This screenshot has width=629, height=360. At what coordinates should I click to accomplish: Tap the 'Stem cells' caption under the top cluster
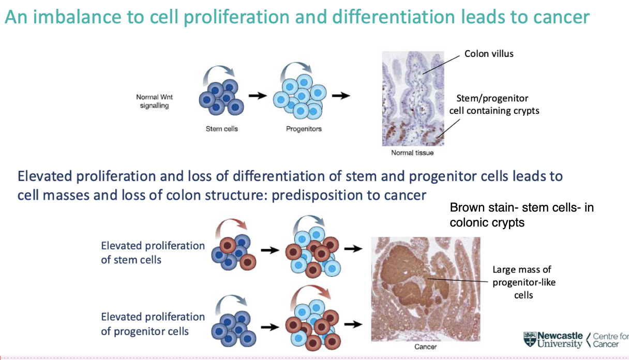pyautogui.click(x=222, y=129)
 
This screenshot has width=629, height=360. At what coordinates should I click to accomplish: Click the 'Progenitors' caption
pyautogui.click(x=304, y=129)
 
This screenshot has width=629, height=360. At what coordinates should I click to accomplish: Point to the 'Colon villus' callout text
pyautogui.click(x=489, y=54)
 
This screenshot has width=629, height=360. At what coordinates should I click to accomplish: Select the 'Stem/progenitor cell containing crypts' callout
pyautogui.click(x=497, y=104)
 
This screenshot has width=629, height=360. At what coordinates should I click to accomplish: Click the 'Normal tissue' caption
pyautogui.click(x=412, y=153)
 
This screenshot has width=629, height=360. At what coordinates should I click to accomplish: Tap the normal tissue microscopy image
pyautogui.click(x=413, y=98)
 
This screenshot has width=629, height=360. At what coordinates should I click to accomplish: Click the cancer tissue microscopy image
pyautogui.click(x=426, y=289)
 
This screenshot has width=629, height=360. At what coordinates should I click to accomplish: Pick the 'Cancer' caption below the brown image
pyautogui.click(x=425, y=347)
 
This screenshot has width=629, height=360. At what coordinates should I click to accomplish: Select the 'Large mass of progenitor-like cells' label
pyautogui.click(x=522, y=282)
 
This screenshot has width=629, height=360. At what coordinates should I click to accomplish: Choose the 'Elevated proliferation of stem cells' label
pyautogui.click(x=153, y=252)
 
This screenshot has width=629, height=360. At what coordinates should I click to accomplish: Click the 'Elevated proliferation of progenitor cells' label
pyautogui.click(x=153, y=324)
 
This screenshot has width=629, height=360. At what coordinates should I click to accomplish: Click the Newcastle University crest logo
pyautogui.click(x=530, y=339)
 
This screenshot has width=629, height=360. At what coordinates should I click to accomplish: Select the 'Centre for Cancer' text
pyautogui.click(x=610, y=340)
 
